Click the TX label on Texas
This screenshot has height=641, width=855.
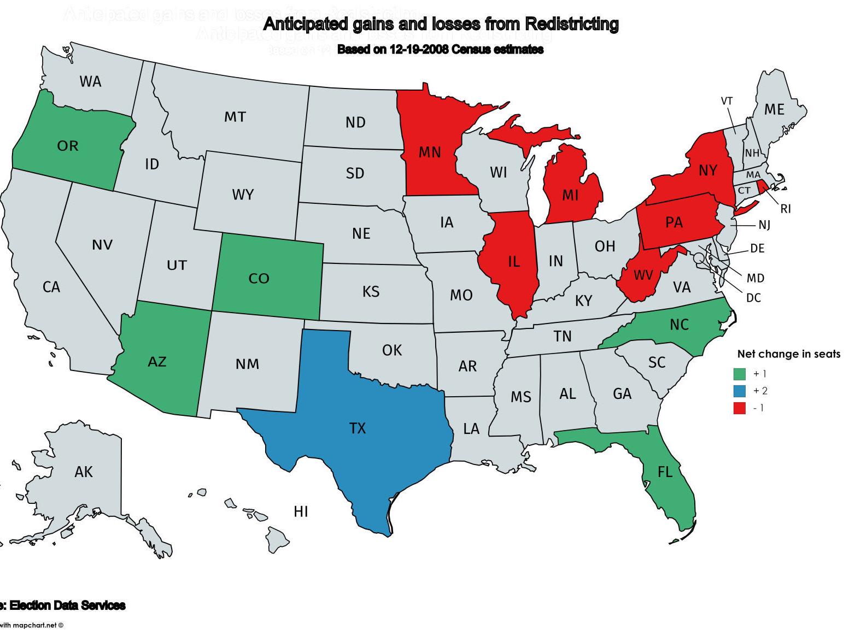pos(357,428)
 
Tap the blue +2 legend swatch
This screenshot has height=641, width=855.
pos(739,391)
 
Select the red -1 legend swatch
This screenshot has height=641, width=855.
pos(739,408)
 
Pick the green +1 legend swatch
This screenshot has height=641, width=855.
pos(739,374)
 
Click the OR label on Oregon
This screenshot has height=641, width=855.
pos(68,146)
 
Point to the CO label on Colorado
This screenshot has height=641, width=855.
pos(259,279)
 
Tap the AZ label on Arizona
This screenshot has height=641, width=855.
pos(157,362)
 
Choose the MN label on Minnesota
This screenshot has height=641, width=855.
pos(430,152)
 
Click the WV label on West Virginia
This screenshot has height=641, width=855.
pos(643,275)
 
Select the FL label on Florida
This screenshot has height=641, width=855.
pos(665,472)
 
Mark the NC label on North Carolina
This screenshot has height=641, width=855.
pos(679,325)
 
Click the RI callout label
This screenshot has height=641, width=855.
pos(786,209)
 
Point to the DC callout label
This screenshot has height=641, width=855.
pos(753,298)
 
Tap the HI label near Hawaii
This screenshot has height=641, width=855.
pos(301,511)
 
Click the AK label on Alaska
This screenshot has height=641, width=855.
pos(84,472)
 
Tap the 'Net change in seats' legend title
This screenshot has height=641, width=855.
pos(788,354)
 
